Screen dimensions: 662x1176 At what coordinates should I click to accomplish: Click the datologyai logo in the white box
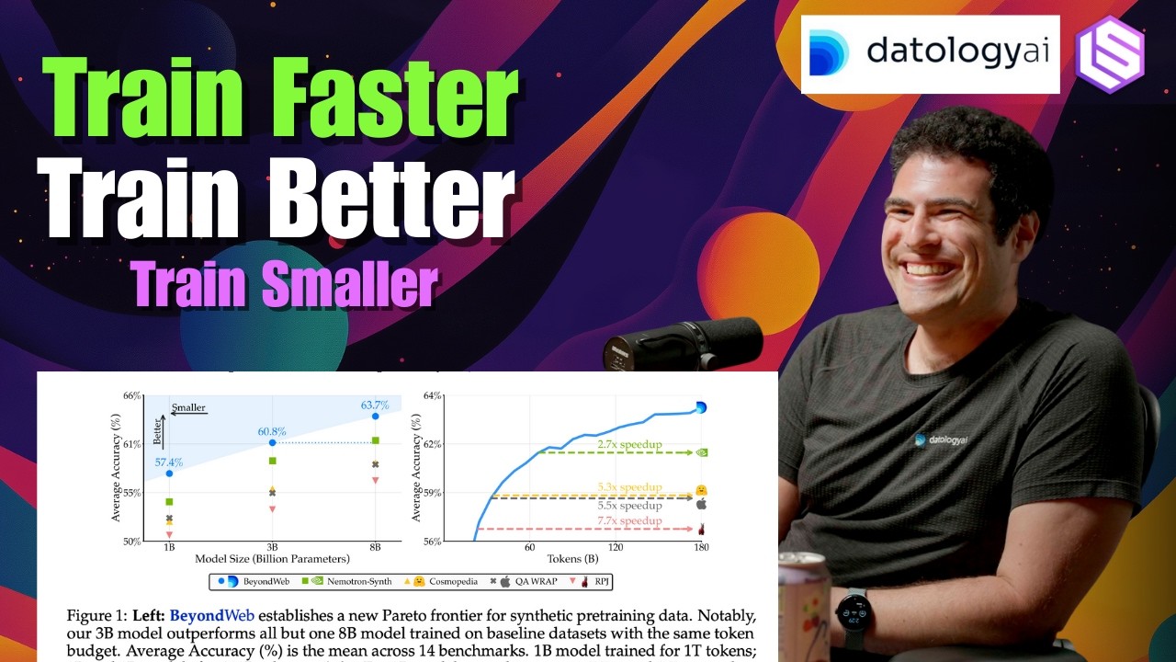coord(930,53)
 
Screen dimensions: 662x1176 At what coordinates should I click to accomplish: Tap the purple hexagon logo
coord(1110,53)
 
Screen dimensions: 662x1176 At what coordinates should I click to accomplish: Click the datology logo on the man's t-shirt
coord(943,439)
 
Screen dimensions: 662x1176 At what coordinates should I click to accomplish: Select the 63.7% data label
coord(375,405)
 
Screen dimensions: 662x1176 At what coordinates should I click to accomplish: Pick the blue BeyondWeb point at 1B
coord(169,473)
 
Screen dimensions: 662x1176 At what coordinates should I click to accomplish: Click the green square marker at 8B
coord(375,440)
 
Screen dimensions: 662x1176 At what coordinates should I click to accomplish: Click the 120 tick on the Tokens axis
coord(615,548)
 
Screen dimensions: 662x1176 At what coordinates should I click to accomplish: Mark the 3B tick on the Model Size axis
coord(272,547)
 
